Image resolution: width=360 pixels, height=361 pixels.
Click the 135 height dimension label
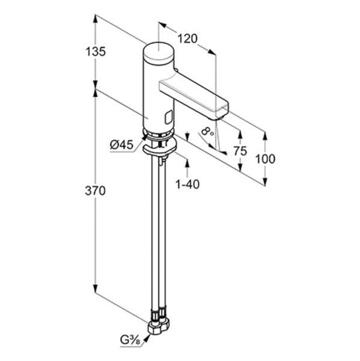click(96, 52)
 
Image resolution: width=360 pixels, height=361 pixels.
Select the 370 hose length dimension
click(95, 191)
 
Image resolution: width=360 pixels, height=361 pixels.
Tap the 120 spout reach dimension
click(188, 39)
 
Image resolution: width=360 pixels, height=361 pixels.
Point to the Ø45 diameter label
click(121, 145)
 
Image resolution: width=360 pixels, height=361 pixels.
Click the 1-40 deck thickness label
click(188, 184)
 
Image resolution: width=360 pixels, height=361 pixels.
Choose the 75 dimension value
click(240, 151)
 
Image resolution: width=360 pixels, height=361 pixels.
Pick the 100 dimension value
click(265, 159)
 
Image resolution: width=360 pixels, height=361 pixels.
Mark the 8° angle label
click(207, 132)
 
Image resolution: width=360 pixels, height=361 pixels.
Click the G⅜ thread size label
click(130, 341)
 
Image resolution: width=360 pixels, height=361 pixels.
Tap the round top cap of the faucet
click(159, 51)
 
